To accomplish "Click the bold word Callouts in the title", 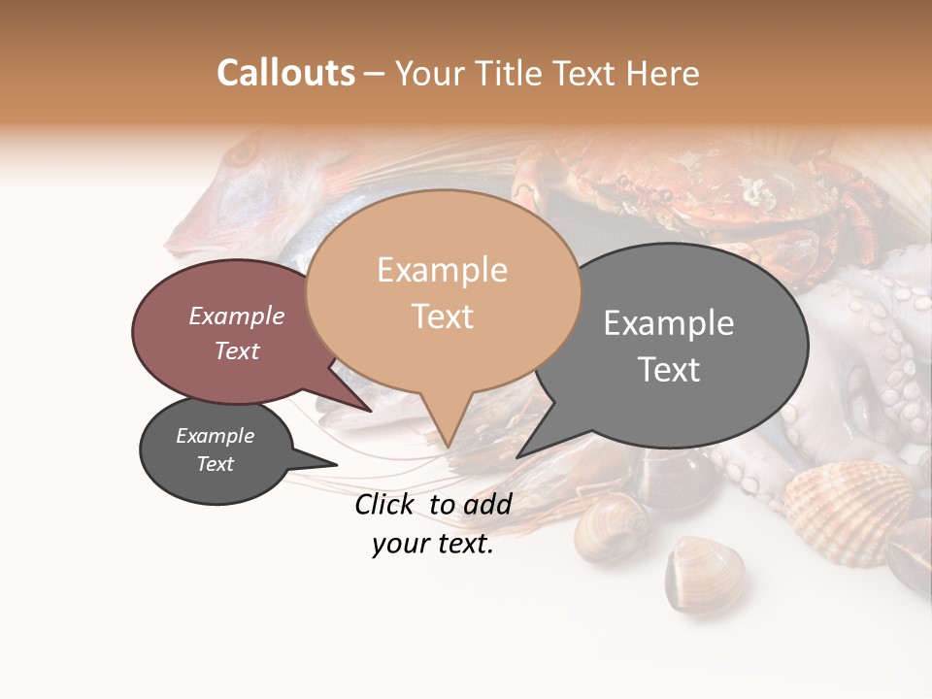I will point(285,73).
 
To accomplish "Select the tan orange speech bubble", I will point(442,291).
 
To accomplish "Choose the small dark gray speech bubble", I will point(215,450).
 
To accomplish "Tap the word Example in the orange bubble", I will point(442,270).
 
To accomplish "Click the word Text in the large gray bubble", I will point(669,370).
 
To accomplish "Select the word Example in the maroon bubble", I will point(236,316).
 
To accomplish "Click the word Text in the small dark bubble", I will point(215,464).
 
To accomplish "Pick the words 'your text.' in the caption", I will point(432,545).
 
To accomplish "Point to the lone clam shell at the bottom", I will point(704,573).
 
